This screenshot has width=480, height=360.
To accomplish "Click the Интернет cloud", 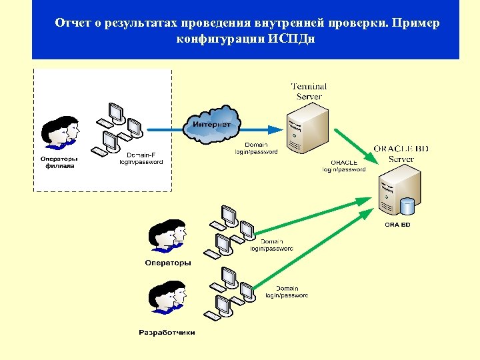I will (212, 125).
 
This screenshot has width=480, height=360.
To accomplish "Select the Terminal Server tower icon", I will (307, 131).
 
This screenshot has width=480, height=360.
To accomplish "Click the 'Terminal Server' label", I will (309, 91).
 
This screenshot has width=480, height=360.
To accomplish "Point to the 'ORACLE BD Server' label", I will (401, 153).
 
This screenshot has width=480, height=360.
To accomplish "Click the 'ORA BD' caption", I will (397, 225).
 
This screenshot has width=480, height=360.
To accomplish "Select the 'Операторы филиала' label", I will (59, 162).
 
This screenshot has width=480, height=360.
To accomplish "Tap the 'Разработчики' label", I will (167, 332).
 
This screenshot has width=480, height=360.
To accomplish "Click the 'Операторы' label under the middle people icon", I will (167, 263).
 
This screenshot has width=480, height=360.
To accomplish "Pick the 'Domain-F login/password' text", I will (141, 159).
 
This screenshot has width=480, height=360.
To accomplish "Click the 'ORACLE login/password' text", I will (343, 166).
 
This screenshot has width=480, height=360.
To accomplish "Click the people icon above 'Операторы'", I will (167, 237).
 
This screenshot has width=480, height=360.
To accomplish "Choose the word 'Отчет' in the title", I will (73, 23).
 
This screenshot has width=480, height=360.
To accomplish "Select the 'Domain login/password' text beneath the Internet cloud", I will (256, 148).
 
